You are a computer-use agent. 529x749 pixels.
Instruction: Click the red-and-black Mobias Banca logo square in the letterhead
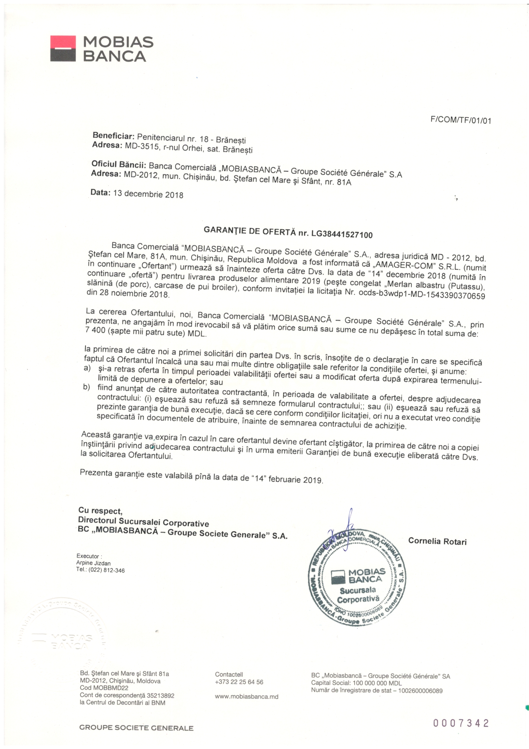tap(63, 49)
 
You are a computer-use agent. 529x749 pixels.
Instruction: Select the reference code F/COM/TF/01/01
tap(461, 120)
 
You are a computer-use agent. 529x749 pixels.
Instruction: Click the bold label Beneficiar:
tap(113, 136)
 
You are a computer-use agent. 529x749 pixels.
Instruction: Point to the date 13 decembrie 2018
tap(148, 194)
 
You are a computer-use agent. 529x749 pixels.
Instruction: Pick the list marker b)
tap(86, 387)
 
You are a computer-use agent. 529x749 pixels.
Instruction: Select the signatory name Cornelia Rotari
tap(437, 541)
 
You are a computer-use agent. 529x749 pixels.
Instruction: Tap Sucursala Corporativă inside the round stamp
tap(358, 595)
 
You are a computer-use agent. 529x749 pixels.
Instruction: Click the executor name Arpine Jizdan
tap(93, 563)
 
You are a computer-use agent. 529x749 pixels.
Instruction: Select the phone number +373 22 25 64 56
tap(239, 682)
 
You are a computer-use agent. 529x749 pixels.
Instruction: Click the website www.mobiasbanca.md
tap(246, 696)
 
